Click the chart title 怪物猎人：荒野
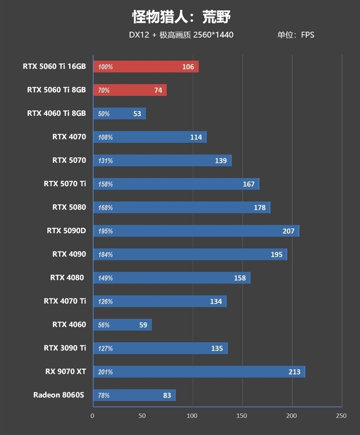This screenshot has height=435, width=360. click(181, 17)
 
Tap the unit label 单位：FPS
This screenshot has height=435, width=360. click(296, 35)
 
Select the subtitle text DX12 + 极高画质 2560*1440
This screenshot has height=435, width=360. click(181, 35)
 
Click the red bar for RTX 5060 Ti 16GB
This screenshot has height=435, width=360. click(146, 67)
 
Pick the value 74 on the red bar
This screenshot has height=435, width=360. click(158, 90)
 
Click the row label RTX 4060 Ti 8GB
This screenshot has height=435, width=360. click(56, 113)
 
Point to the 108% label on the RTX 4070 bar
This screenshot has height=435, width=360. click(105, 137)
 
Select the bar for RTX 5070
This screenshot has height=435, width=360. click(162, 161)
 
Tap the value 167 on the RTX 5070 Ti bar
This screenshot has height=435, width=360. click(248, 184)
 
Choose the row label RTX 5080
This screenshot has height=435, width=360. click(69, 207)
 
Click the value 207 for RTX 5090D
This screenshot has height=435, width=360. click(288, 231)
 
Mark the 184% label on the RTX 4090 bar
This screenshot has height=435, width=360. click(105, 254)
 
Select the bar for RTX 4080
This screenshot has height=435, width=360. click(171, 278)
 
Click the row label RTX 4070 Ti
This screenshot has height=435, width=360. click(65, 301)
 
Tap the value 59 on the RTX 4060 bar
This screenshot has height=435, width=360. click(143, 325)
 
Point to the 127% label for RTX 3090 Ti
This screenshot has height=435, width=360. click(105, 348)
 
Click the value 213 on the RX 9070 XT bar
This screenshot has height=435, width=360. click(295, 372)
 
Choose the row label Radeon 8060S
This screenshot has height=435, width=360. click(59, 395)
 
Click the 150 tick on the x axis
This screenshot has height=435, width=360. click(242, 416)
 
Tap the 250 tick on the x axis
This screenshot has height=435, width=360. click(342, 416)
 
